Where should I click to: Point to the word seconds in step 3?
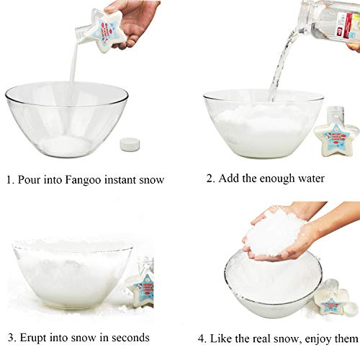pos(130,337)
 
